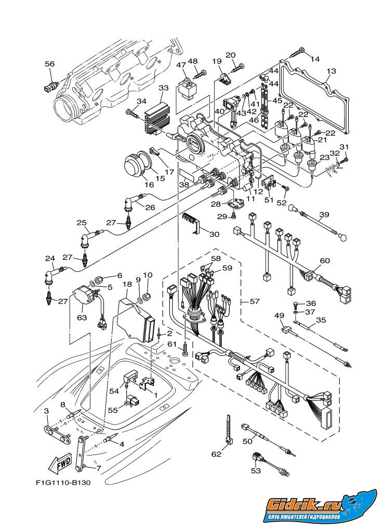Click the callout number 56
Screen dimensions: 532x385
click(49, 64)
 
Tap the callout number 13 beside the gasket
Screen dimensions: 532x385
click(331, 71)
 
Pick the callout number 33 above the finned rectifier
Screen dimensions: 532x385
click(163, 88)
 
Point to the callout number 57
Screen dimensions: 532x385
click(255, 301)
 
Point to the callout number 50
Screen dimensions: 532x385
click(247, 441)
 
